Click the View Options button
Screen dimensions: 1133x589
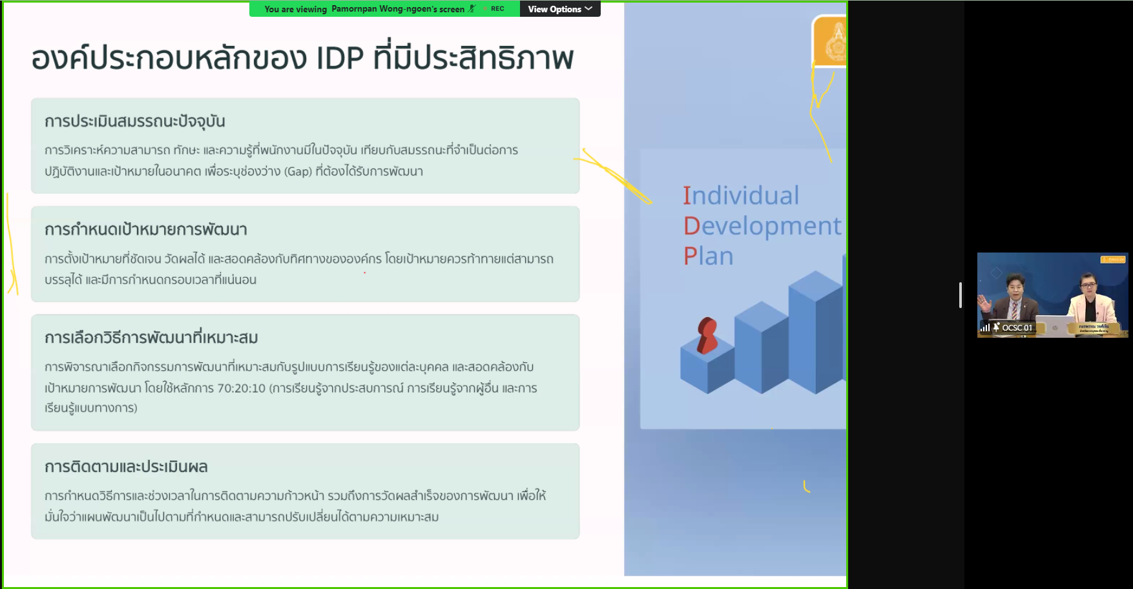[x=560, y=9]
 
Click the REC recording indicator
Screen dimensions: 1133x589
[x=497, y=9]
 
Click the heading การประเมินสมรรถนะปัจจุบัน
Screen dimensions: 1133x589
[x=134, y=121]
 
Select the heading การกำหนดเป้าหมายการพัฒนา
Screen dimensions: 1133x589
[x=146, y=230]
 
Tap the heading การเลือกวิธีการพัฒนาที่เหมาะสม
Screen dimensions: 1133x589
[x=151, y=338]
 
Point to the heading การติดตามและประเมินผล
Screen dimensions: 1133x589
[x=126, y=467]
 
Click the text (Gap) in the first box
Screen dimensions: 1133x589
[x=298, y=172]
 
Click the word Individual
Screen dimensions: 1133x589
[x=741, y=196]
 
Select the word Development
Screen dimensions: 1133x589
[x=762, y=226]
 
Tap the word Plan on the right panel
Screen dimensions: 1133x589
[x=708, y=256]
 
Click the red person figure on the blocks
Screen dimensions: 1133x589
[x=707, y=335]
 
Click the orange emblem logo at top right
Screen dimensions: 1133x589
[x=829, y=41]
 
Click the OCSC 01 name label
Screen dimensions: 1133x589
[x=1017, y=327]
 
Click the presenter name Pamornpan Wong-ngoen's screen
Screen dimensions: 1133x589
[x=398, y=9]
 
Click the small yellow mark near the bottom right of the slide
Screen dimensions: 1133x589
[x=806, y=486]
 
